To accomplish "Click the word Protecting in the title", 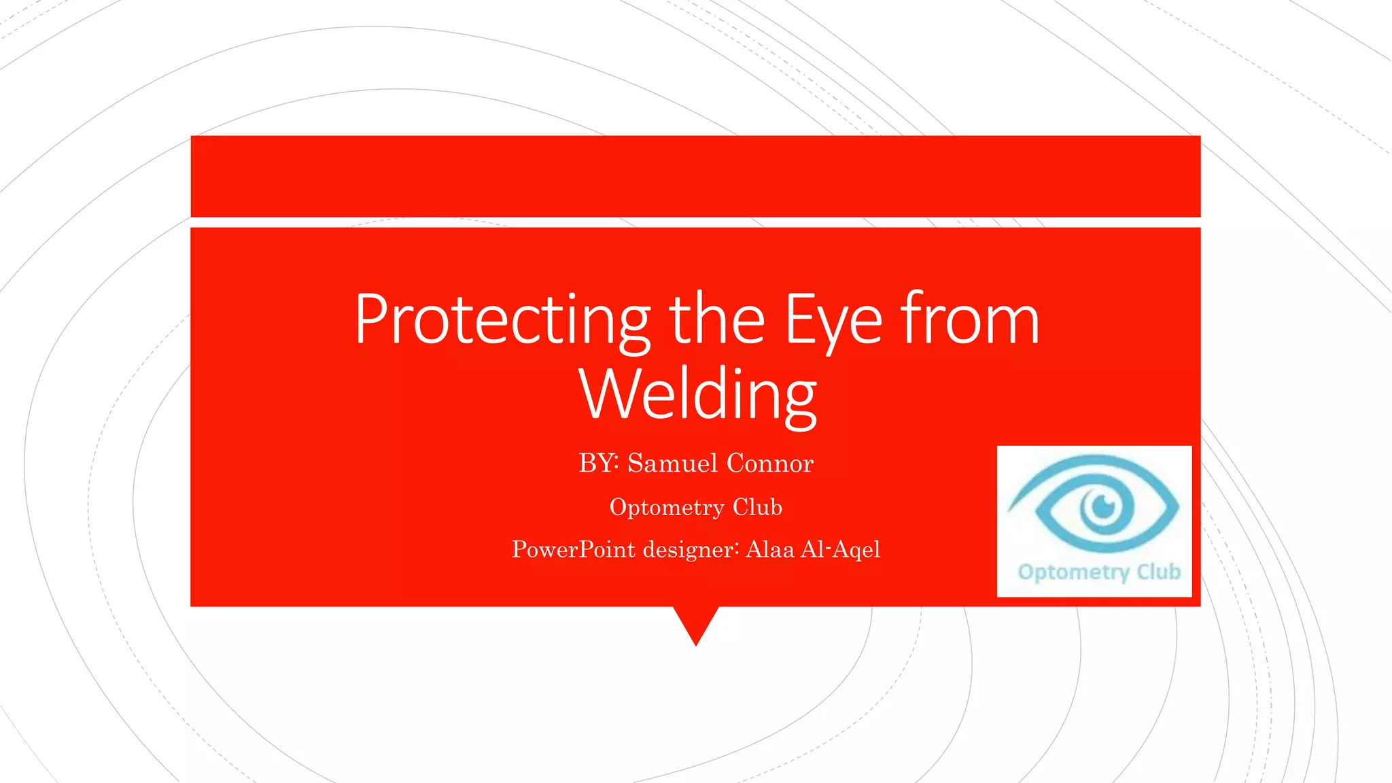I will (502, 319).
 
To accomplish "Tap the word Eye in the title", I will (833, 319).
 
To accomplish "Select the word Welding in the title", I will (697, 394).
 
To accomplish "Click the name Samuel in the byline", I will (672, 463).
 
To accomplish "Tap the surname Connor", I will (769, 463).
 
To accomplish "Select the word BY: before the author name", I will (599, 463).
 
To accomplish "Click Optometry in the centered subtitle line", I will (667, 507).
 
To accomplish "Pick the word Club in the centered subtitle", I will (757, 507).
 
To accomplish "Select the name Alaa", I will (769, 549).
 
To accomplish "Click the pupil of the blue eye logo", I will (1102, 505).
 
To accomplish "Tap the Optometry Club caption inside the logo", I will (1098, 572).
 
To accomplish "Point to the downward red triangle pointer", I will (696, 622).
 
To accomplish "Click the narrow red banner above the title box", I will (695, 176).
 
